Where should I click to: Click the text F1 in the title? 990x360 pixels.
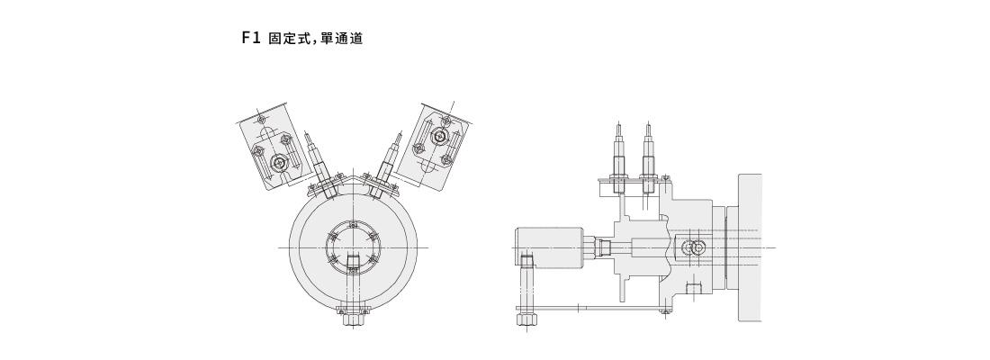click(x=249, y=40)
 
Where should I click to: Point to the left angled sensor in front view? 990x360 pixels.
click(x=319, y=160)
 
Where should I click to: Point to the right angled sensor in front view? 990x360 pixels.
click(x=387, y=160)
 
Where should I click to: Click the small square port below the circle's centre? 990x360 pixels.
click(x=353, y=263)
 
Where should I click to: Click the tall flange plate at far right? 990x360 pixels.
click(x=750, y=247)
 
